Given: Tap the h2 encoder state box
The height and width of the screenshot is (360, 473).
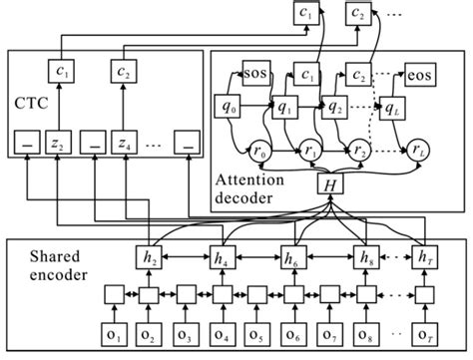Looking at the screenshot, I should click(x=150, y=256).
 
